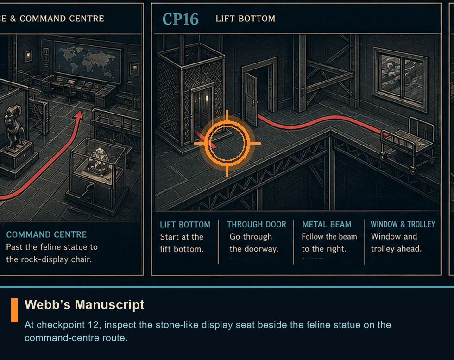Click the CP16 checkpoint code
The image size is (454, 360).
tap(180, 19)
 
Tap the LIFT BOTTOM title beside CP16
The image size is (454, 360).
tap(245, 19)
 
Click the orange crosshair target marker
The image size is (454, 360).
tap(227, 143)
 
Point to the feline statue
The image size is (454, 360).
tap(13, 127)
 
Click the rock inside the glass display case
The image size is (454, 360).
tap(98, 161)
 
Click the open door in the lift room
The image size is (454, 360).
tap(252, 99)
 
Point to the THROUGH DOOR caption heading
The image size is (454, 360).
tap(257, 224)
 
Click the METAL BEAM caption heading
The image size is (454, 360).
tap(327, 224)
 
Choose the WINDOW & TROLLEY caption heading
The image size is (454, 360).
tap(403, 224)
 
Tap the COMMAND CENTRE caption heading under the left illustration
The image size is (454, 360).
tap(46, 234)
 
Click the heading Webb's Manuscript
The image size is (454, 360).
tap(84, 305)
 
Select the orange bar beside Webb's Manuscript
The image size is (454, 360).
tap(14, 310)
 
